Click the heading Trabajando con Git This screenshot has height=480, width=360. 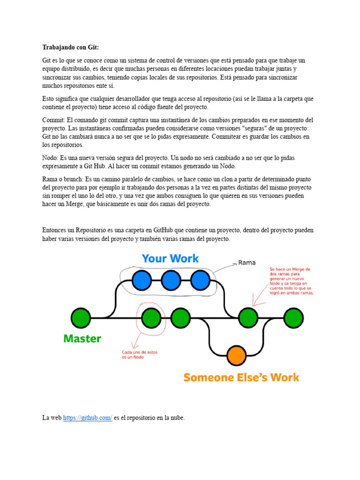point(71,47)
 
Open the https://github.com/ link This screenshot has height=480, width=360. point(88,418)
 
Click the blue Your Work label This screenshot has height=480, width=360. point(170,258)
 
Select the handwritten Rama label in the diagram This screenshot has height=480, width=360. point(247,262)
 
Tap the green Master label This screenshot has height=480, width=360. point(82,338)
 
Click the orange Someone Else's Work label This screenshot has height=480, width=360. point(241,377)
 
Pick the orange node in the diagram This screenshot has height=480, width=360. point(236,355)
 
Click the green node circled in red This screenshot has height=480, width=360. point(151,318)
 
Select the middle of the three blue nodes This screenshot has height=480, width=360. point(171,280)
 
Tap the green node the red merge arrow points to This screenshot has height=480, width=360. point(248,318)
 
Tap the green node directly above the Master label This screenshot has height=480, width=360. point(81,318)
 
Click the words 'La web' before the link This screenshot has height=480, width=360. point(52,418)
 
